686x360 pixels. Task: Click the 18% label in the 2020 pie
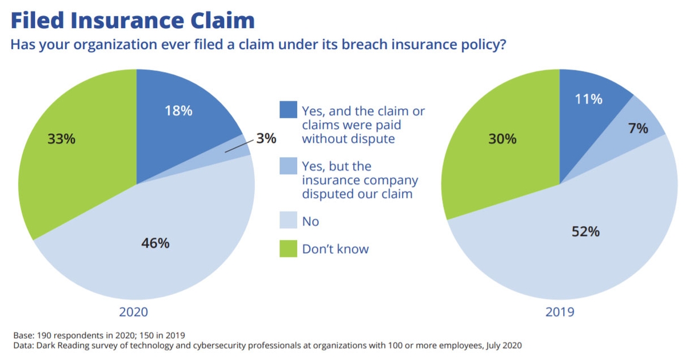pyautogui.click(x=179, y=111)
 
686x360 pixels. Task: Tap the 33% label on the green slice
pyautogui.click(x=61, y=139)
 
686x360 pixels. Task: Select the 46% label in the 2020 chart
pyautogui.click(x=155, y=243)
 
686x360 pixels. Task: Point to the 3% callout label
pyautogui.click(x=266, y=138)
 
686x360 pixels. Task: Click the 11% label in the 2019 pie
pyautogui.click(x=588, y=99)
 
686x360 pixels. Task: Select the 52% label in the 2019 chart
pyautogui.click(x=585, y=231)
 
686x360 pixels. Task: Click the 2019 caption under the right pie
pyautogui.click(x=560, y=312)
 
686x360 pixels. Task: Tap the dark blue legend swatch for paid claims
pyautogui.click(x=288, y=110)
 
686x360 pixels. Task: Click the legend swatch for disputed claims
pyautogui.click(x=288, y=166)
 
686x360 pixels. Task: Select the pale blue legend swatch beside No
pyautogui.click(x=288, y=221)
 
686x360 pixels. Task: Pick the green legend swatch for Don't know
pyautogui.click(x=288, y=249)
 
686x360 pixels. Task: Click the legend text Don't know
pyautogui.click(x=336, y=249)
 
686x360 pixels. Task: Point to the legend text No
pyautogui.click(x=310, y=221)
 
